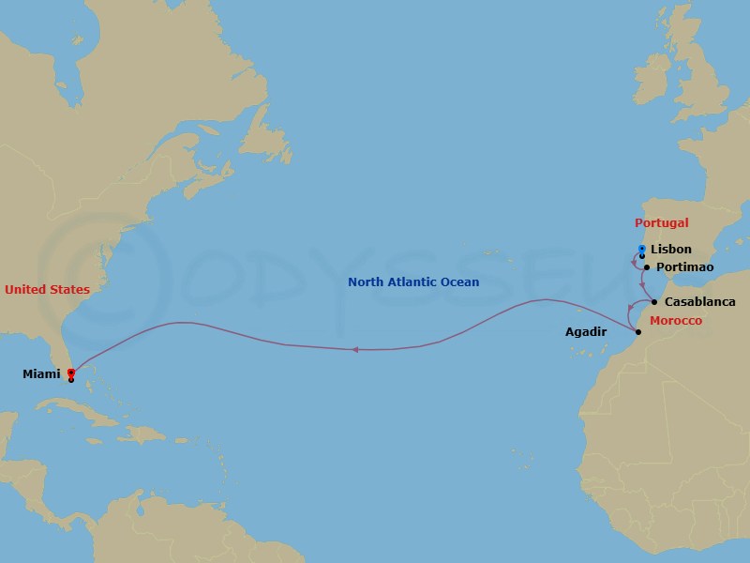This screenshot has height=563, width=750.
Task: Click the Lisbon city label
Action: pos(670,250)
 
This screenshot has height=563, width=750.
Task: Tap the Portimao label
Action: pos(685,267)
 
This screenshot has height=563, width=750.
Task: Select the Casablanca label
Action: pos(699,302)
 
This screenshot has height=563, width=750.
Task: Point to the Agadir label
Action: pos(586,332)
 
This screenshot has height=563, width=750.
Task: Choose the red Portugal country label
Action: pos(661,223)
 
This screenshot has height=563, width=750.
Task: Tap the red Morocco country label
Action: pos(675,321)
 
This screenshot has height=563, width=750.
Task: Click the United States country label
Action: pos(47,290)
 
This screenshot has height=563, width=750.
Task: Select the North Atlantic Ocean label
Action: pos(413,282)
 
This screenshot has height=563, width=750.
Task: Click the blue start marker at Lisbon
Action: pos(641,250)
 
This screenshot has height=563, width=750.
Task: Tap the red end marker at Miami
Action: pos(71,373)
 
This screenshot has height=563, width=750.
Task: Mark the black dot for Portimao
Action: pos(647,267)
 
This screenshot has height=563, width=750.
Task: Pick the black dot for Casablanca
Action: pos(653,302)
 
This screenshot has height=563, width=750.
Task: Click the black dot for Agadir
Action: pos(637,332)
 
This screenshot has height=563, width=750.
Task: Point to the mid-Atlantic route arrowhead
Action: pos(355,350)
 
